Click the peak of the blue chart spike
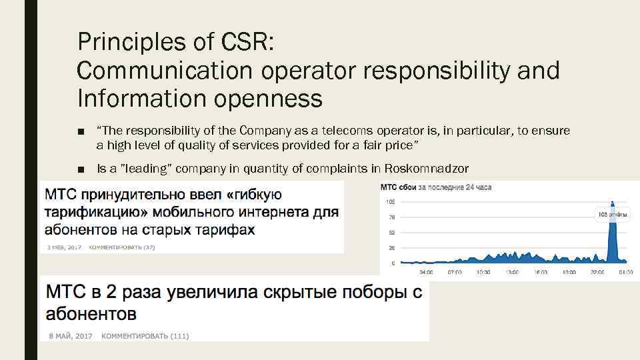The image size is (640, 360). pos(611,202)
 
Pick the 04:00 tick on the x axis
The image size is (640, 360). pos(426,271)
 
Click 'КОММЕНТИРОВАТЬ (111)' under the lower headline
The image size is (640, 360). pos(145,336)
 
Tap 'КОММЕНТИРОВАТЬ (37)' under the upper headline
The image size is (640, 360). pos(122,247)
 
